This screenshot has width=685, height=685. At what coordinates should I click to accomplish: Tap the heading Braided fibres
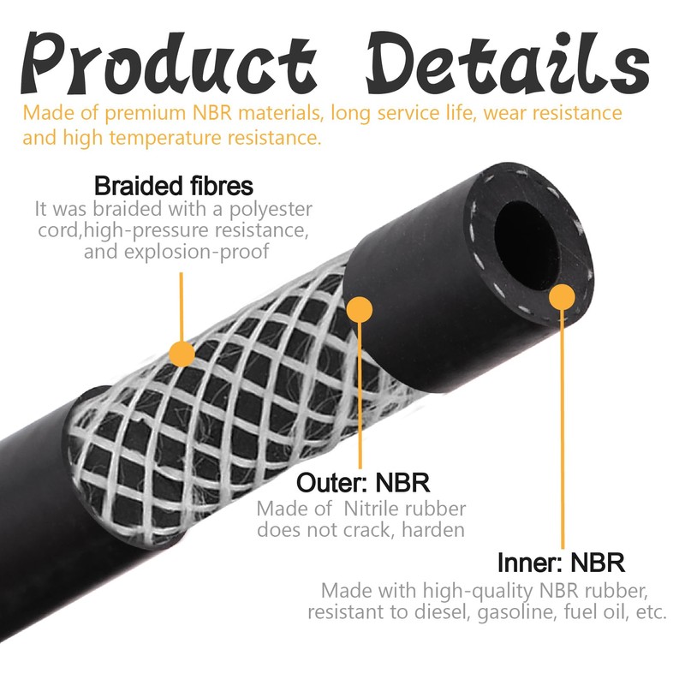pyautogui.click(x=174, y=186)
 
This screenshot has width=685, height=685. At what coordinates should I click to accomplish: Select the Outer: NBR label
pyautogui.click(x=362, y=481)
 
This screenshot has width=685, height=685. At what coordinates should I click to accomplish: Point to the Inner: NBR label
pyautogui.click(x=561, y=563)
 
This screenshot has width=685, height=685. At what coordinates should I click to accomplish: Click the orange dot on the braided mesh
pyautogui.click(x=182, y=352)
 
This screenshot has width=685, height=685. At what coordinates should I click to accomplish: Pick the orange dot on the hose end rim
pyautogui.click(x=561, y=297)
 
